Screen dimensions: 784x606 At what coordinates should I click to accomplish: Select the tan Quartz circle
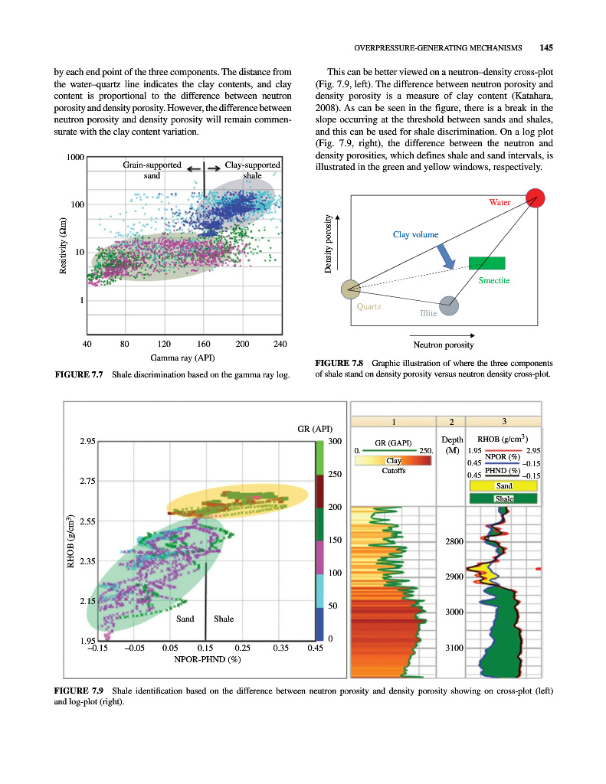point(351,289)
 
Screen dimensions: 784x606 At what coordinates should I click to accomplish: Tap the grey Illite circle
point(449,305)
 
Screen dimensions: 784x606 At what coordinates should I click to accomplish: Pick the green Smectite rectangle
point(486,263)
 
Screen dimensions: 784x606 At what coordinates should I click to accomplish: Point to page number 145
point(545,47)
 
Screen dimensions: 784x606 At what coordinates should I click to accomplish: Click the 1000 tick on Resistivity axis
point(74,157)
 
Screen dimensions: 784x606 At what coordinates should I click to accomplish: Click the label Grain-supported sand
point(151,170)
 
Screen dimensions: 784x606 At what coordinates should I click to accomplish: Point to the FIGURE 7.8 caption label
point(339,362)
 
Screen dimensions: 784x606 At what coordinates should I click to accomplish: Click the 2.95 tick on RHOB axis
point(87,442)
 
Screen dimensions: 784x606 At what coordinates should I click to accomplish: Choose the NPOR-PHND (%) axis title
point(208,658)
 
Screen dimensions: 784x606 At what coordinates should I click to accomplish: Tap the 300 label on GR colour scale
point(334,442)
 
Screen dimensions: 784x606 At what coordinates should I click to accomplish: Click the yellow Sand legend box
point(503,485)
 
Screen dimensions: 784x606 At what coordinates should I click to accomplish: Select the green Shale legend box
point(503,498)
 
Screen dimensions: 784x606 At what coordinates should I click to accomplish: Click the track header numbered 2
point(451,421)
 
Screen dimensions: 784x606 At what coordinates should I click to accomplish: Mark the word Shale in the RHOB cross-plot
point(224,619)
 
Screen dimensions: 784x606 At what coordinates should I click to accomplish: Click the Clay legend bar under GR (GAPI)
point(392,461)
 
